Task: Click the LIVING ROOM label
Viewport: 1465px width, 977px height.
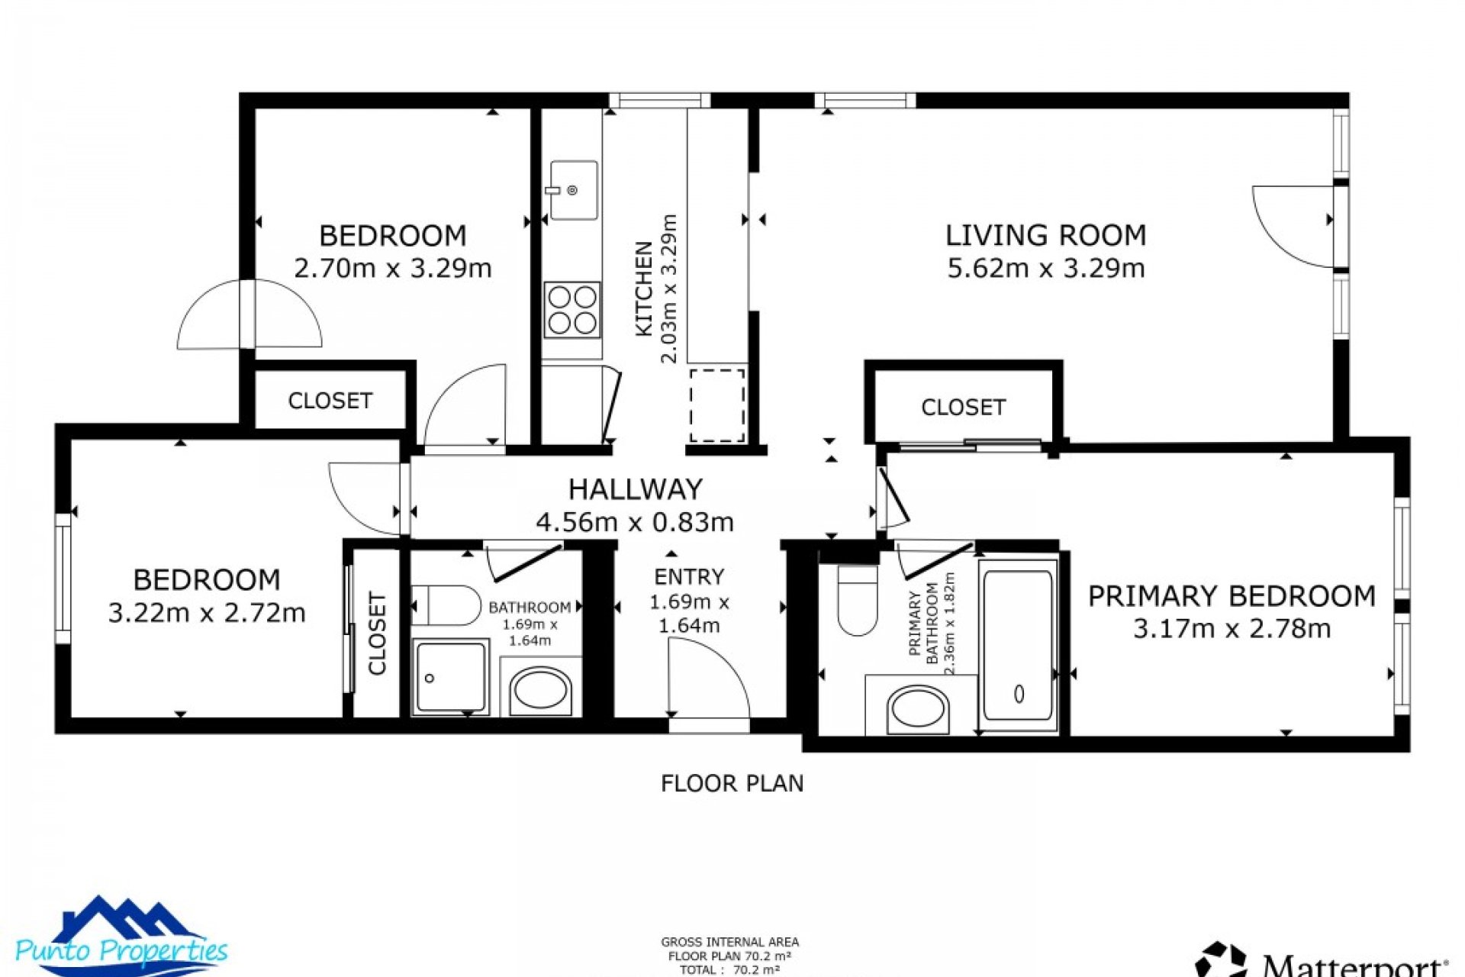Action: tap(1045, 235)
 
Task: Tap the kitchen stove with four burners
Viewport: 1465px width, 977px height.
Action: tap(572, 310)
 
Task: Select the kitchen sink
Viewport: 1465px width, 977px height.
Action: tap(573, 190)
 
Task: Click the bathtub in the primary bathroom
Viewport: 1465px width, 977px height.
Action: tap(1018, 645)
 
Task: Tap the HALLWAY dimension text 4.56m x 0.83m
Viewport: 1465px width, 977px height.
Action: tap(635, 522)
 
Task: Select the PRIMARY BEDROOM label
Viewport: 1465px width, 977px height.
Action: tap(1232, 596)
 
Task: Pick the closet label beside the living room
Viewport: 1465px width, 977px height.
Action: tap(963, 408)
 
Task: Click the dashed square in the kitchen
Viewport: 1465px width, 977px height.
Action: tap(716, 405)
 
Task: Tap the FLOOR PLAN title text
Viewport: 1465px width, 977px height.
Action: tap(732, 784)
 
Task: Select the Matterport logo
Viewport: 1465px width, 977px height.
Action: tap(1320, 960)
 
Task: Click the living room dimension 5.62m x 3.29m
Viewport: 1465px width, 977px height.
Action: tap(1045, 269)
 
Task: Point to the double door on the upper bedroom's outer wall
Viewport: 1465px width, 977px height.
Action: tap(249, 314)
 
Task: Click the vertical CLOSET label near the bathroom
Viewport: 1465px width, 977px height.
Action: tap(378, 633)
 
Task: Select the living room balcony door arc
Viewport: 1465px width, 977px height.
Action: tap(1290, 229)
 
